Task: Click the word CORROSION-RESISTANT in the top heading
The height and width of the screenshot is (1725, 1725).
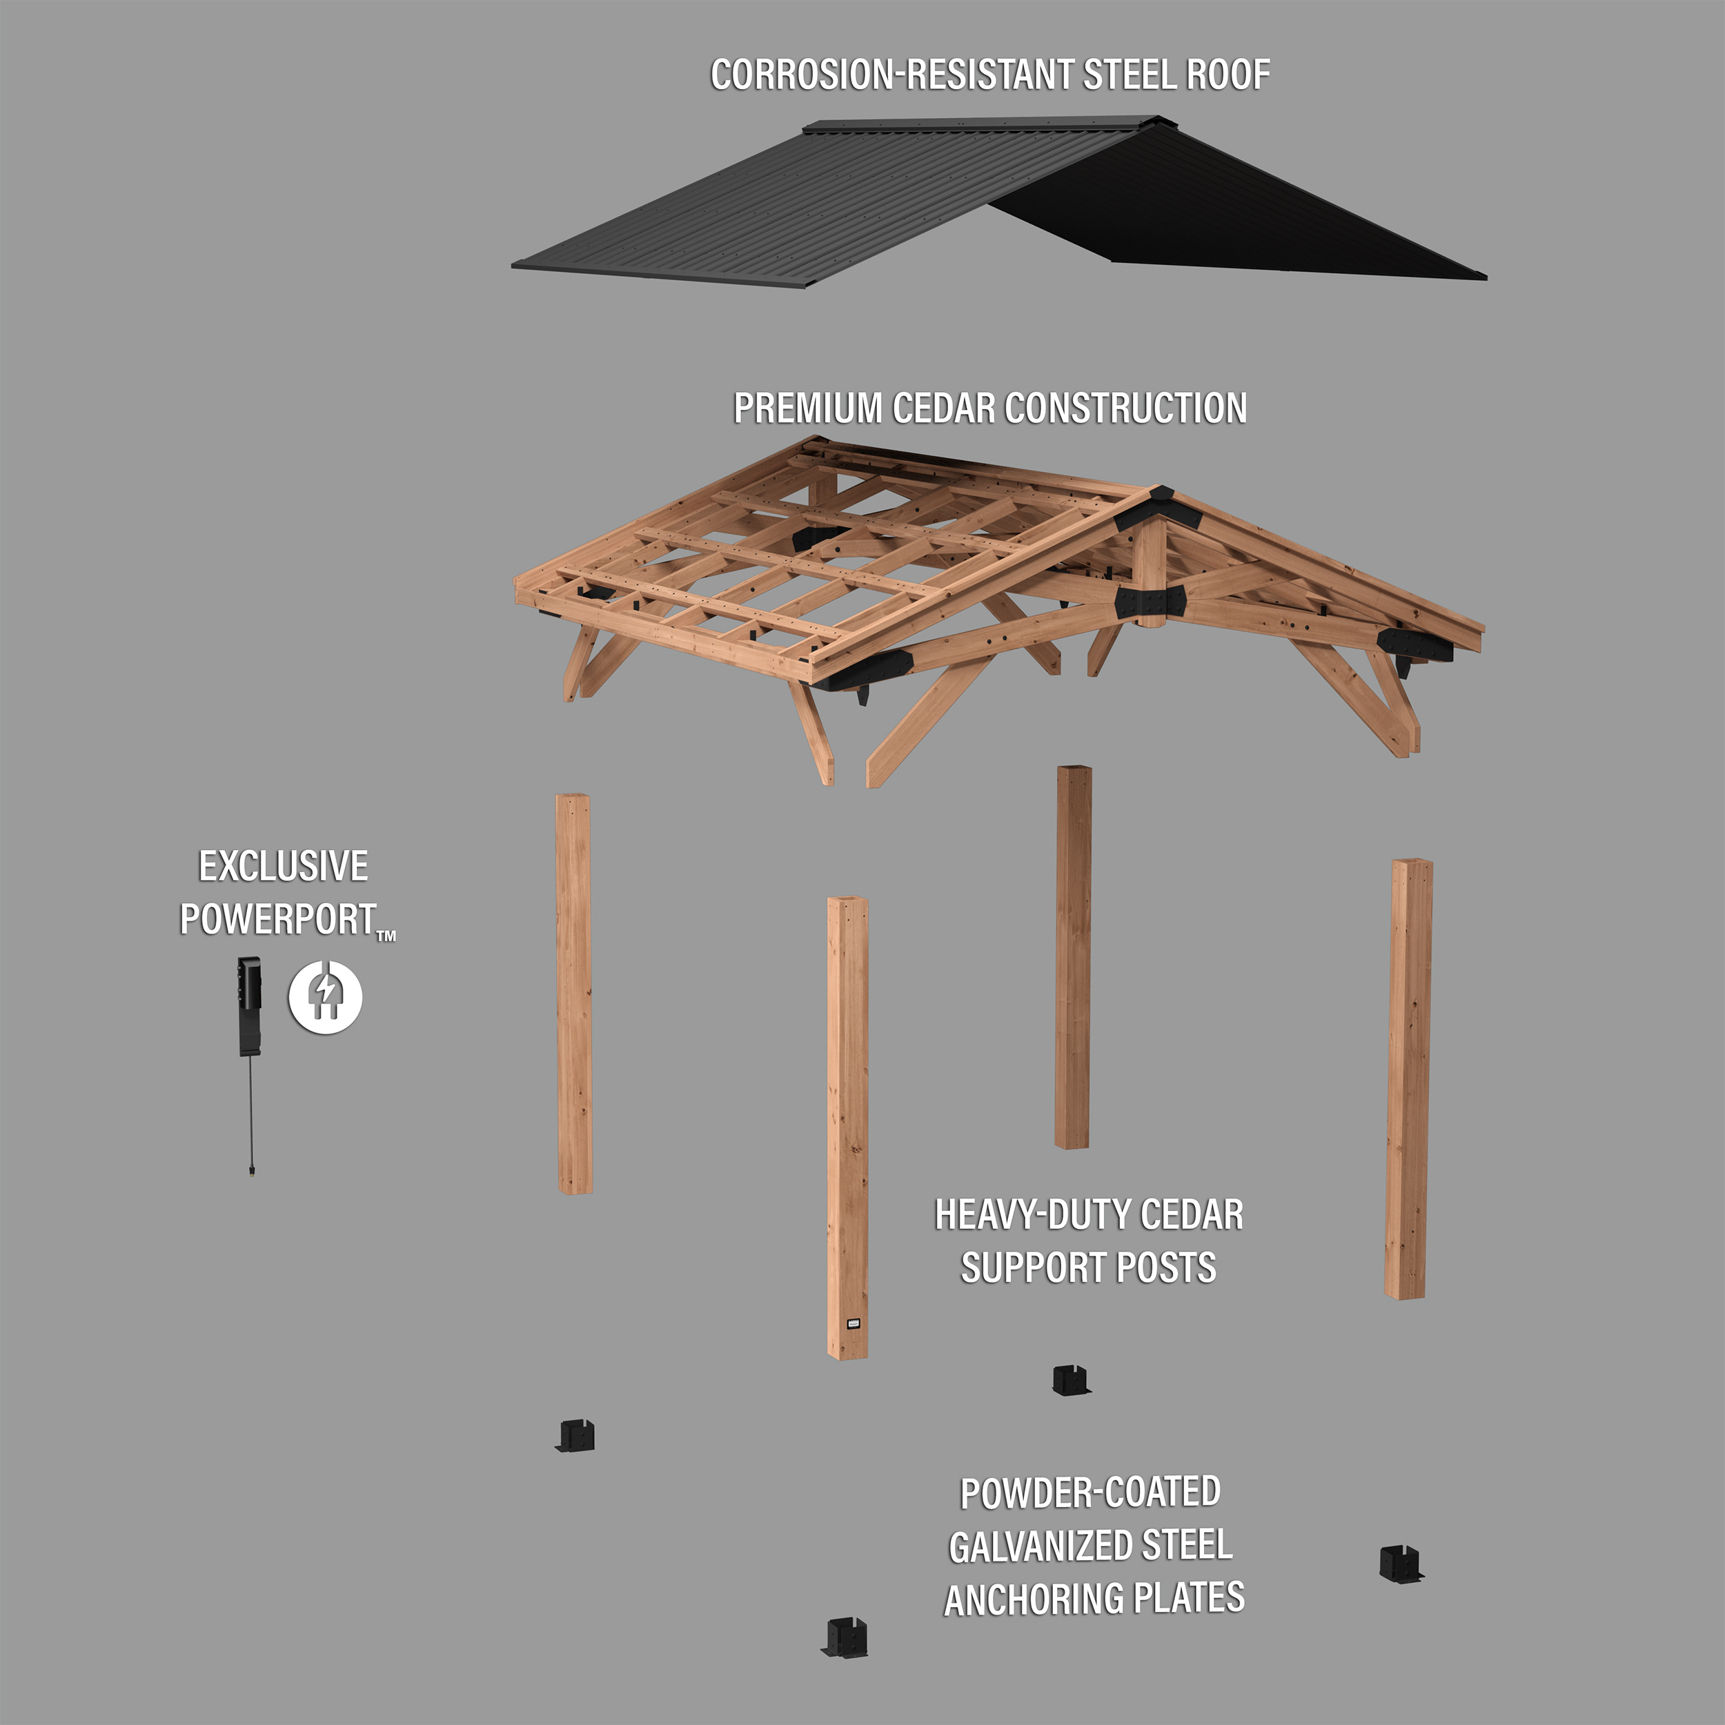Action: pyautogui.click(x=893, y=75)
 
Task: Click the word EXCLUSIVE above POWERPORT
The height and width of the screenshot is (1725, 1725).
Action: pyautogui.click(x=283, y=866)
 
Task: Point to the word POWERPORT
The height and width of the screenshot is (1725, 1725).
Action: pyautogui.click(x=277, y=920)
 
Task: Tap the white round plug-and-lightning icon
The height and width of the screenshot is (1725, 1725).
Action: pyautogui.click(x=325, y=996)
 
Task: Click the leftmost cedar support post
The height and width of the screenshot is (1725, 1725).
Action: pyautogui.click(x=574, y=993)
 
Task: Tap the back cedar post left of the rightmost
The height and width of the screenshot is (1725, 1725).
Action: pyautogui.click(x=1072, y=956)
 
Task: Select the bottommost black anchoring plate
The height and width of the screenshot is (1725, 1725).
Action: pyautogui.click(x=845, y=1637)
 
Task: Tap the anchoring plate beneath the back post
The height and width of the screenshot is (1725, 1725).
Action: pyautogui.click(x=1072, y=1379)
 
